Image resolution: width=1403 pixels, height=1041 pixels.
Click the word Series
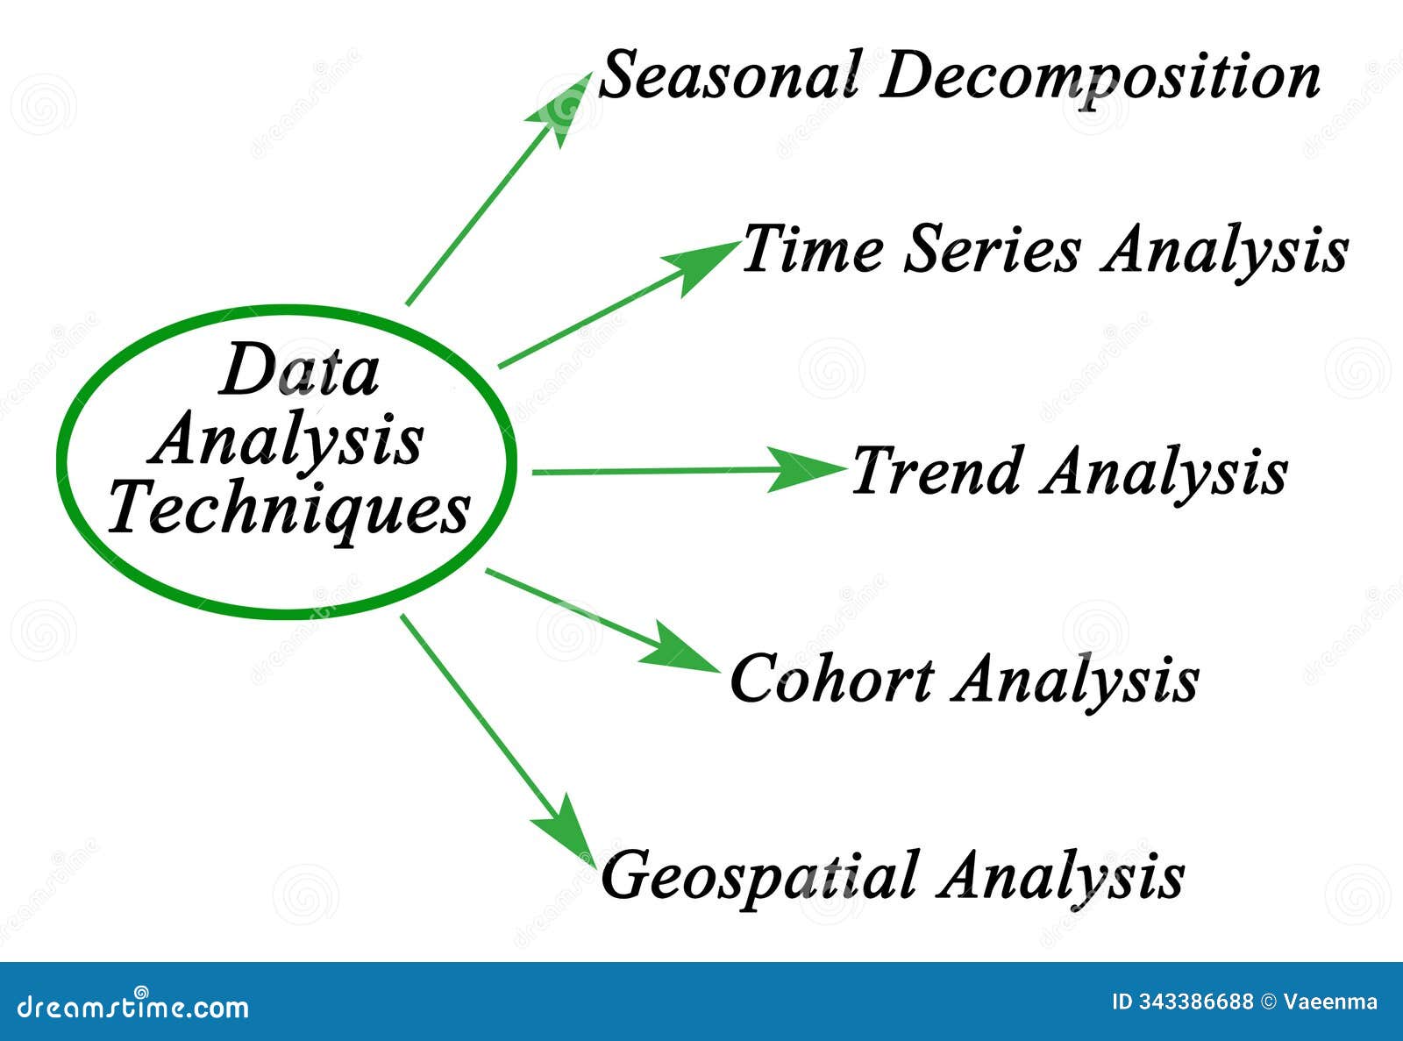992,250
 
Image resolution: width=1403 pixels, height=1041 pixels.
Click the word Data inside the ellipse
299,371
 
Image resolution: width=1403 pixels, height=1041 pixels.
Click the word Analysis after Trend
1165,474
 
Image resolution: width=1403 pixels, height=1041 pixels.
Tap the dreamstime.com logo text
132,1006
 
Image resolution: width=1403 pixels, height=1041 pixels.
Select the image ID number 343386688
1194,1002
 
